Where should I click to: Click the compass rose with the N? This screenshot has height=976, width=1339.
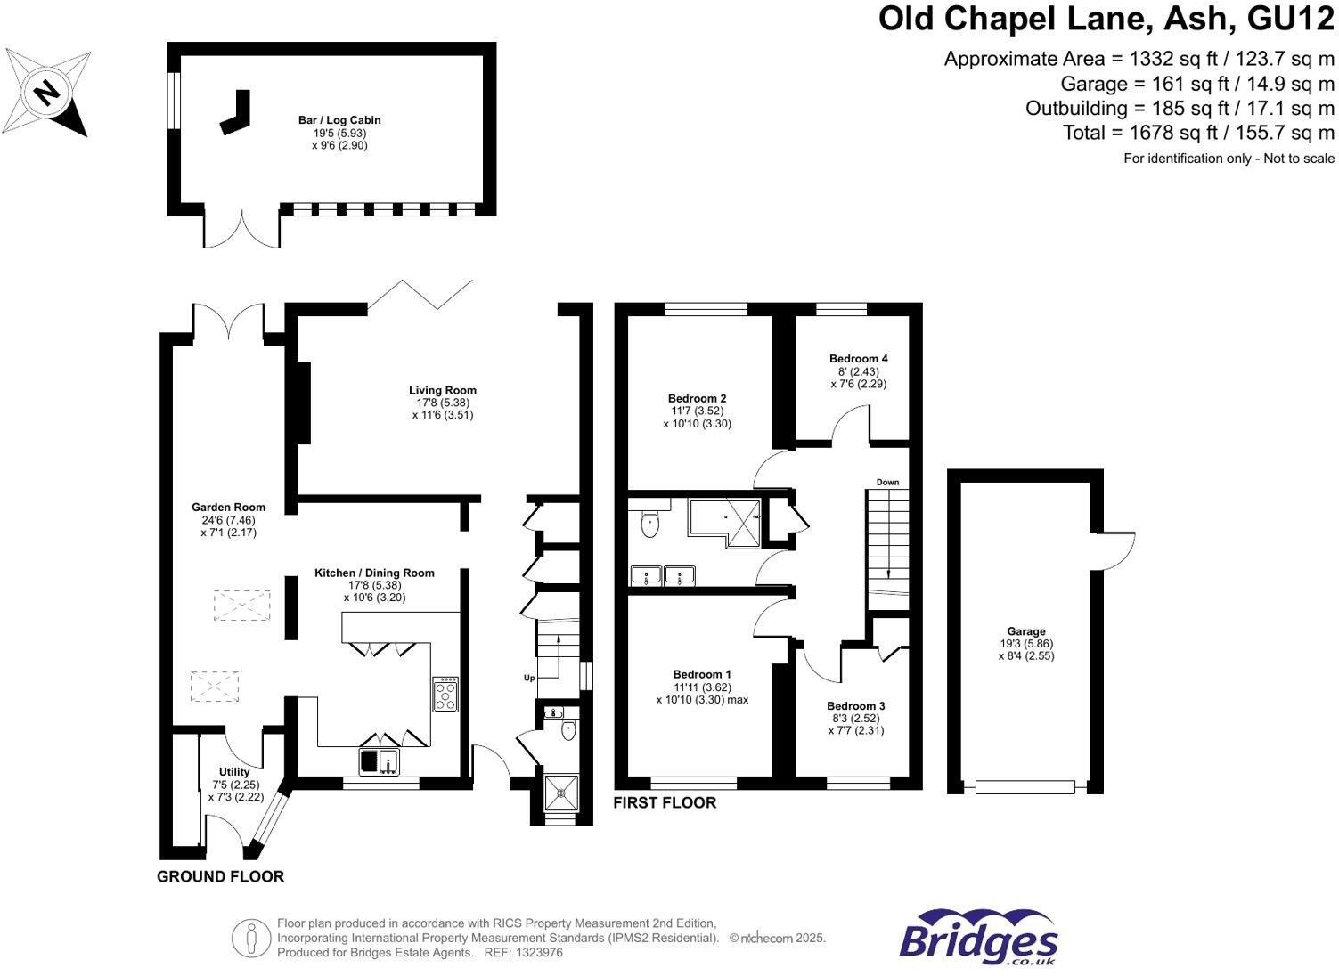[46, 93]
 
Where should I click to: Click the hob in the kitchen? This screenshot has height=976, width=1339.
[445, 695]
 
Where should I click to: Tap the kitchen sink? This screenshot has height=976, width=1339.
[380, 761]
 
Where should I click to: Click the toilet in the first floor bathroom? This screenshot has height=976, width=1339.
[650, 525]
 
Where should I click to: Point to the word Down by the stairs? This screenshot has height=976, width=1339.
[887, 483]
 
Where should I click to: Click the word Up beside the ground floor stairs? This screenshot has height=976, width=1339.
[529, 679]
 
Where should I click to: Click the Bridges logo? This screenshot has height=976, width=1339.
[978, 938]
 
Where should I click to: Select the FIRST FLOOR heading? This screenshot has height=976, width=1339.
[665, 803]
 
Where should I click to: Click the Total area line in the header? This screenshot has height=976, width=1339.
[1198, 133]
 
